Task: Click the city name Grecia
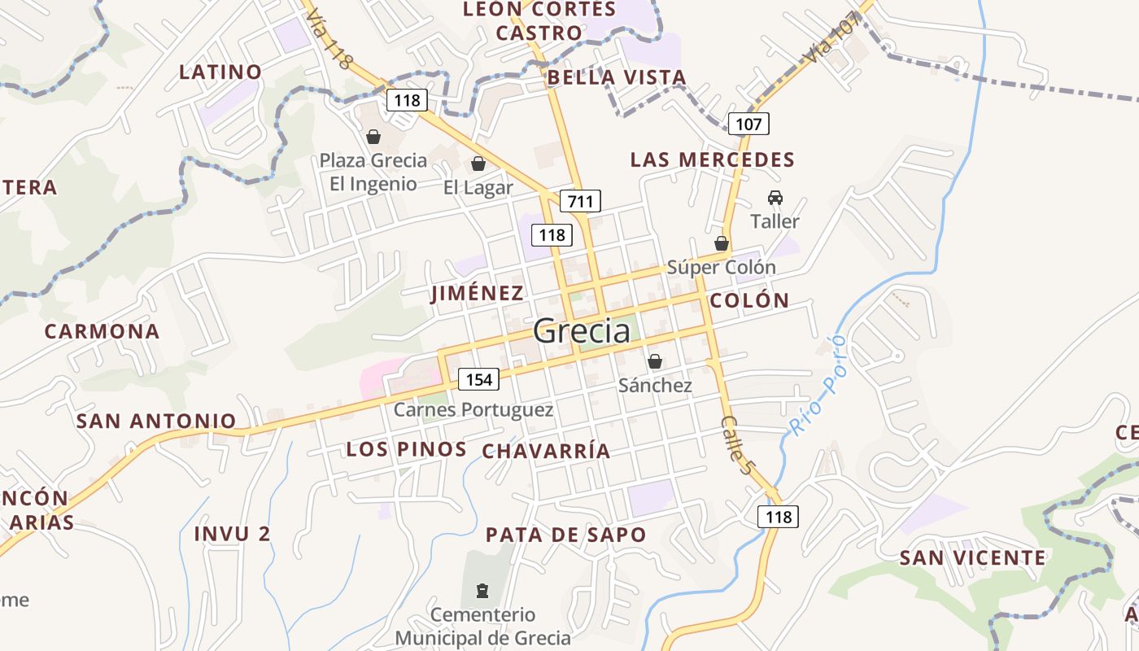point(582,331)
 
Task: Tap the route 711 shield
point(580,201)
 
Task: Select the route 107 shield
point(748,124)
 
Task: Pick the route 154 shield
point(478,379)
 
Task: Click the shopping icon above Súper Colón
point(721,243)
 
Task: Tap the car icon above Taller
point(775,198)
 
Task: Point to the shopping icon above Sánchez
point(655,361)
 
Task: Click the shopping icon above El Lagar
point(478,164)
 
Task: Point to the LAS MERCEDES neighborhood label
point(712,159)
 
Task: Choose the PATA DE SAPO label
point(565,535)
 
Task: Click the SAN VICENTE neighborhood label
point(972,557)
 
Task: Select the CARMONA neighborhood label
point(102,331)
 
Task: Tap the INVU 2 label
point(232,534)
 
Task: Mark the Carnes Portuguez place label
point(473,409)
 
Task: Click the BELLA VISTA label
point(617,77)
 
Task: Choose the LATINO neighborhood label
point(220,72)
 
